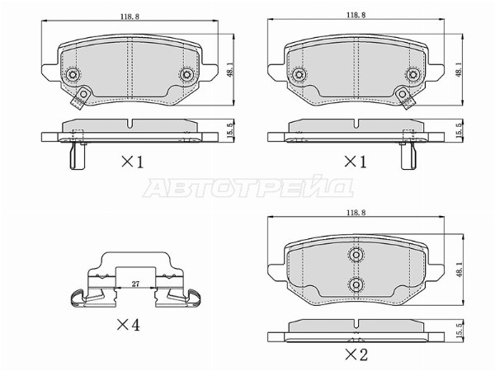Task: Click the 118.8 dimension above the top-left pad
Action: [x=130, y=16]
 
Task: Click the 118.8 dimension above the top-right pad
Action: [x=356, y=15]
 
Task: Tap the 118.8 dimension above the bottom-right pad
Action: [x=356, y=213]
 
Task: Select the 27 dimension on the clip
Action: [x=135, y=284]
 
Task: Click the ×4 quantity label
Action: [x=129, y=325]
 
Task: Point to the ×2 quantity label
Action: [x=356, y=355]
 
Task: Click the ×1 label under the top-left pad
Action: [x=133, y=162]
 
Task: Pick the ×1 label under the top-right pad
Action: [x=356, y=162]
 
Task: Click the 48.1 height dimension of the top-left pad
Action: [x=229, y=69]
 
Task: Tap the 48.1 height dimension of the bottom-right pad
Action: [x=459, y=270]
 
